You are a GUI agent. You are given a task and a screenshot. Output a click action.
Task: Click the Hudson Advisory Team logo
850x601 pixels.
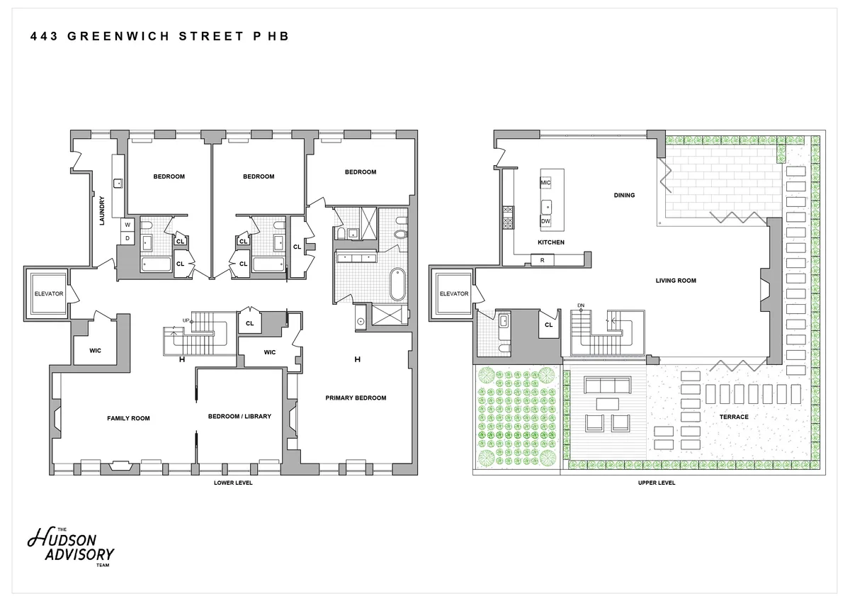71,547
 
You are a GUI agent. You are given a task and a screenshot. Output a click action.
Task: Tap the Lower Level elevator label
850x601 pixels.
49,294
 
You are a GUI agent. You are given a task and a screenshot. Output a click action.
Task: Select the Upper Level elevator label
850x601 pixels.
454,294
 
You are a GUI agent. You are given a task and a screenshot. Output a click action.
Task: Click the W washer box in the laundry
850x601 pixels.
127,225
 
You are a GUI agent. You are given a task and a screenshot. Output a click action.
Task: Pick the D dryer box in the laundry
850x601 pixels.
127,238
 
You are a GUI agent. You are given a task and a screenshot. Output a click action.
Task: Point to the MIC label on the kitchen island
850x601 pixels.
545,183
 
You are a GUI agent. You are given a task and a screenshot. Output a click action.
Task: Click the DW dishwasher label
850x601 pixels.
545,221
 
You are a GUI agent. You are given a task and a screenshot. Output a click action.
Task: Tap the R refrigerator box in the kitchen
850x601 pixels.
543,260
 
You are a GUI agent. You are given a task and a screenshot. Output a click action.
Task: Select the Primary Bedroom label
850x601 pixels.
356,398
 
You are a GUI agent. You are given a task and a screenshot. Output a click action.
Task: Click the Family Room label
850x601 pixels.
128,418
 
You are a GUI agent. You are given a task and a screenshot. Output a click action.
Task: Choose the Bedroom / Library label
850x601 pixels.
239,417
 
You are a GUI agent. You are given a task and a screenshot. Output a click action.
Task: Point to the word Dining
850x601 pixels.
624,195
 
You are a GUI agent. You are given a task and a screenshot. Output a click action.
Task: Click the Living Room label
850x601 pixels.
676,281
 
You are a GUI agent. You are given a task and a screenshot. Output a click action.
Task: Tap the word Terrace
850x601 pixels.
734,417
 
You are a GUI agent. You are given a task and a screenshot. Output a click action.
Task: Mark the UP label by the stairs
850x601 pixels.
186,320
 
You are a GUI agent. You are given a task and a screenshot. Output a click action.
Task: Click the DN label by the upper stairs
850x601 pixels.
581,305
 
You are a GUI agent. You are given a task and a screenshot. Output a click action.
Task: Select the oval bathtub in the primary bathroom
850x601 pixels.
397,284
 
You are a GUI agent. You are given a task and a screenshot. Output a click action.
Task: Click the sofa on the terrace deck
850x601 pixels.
607,385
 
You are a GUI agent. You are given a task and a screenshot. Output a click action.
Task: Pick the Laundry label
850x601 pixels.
102,210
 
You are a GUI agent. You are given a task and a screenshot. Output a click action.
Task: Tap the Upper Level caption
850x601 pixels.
657,483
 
